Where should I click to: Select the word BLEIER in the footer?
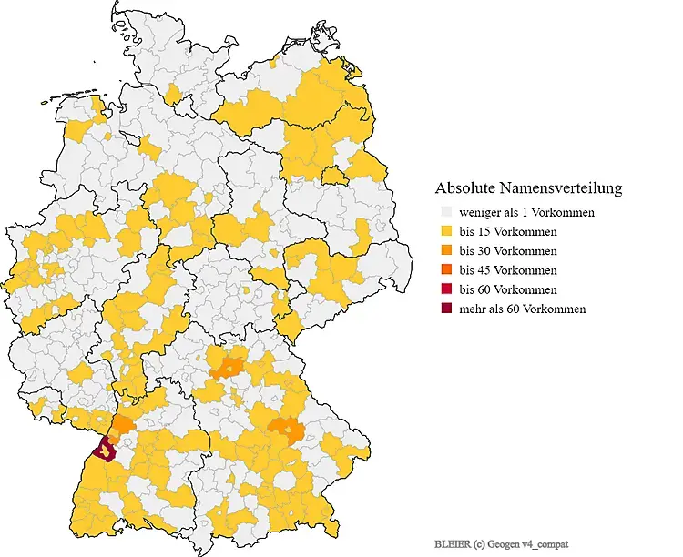[453, 543]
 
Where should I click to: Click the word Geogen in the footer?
[504, 543]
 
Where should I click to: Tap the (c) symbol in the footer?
[479, 543]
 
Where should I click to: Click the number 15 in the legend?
[485, 232]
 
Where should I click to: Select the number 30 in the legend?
[485, 251]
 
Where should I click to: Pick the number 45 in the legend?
[485, 270]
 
